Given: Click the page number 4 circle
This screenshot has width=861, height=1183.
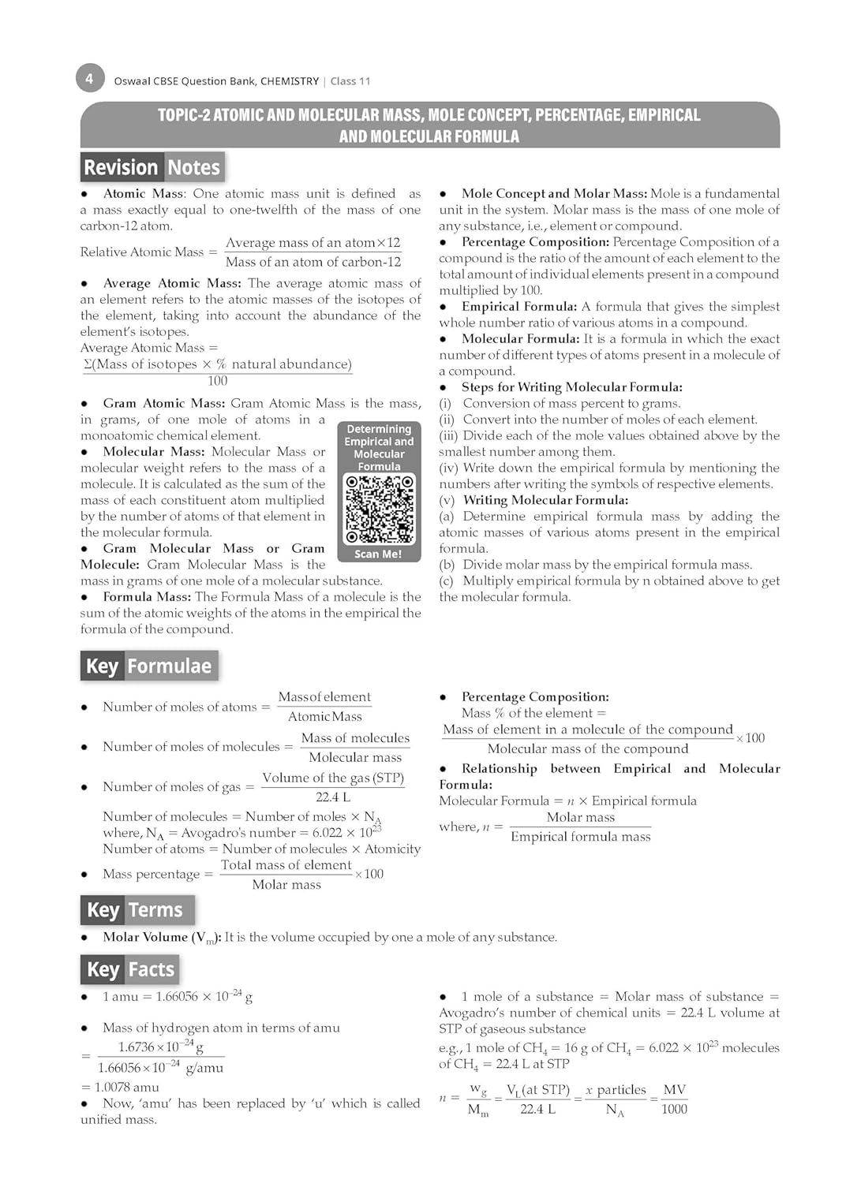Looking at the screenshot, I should click(x=89, y=79).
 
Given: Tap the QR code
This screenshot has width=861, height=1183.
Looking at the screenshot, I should click(x=379, y=509).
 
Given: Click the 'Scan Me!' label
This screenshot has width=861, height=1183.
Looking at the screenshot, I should click(x=378, y=554).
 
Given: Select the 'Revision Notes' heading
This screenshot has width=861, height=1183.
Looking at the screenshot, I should click(x=152, y=167).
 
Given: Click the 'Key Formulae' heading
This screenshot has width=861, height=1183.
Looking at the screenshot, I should click(x=149, y=666).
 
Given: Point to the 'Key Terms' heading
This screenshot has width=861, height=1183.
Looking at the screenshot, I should click(x=136, y=910).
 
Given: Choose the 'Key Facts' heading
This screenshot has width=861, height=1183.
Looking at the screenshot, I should click(x=131, y=969).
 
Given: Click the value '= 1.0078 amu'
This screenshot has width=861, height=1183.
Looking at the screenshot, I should click(x=120, y=1087).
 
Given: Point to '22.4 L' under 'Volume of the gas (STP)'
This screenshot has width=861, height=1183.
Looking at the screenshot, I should click(x=333, y=797).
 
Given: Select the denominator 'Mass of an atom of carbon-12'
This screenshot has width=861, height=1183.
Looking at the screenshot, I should click(x=313, y=262).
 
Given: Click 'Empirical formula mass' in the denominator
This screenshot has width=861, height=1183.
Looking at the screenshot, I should click(x=580, y=837).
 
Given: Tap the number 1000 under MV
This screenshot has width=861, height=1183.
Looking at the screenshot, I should click(x=674, y=1110).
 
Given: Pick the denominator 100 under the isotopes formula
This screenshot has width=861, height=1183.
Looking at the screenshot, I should click(x=218, y=381).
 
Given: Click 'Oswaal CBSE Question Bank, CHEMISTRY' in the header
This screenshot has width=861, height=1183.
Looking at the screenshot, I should click(x=216, y=81).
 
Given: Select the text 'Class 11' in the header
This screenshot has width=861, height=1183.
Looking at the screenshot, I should click(x=350, y=81).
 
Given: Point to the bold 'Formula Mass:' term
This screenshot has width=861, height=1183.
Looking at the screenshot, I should click(x=147, y=597).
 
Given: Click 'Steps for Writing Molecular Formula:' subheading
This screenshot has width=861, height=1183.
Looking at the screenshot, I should click(x=571, y=387).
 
